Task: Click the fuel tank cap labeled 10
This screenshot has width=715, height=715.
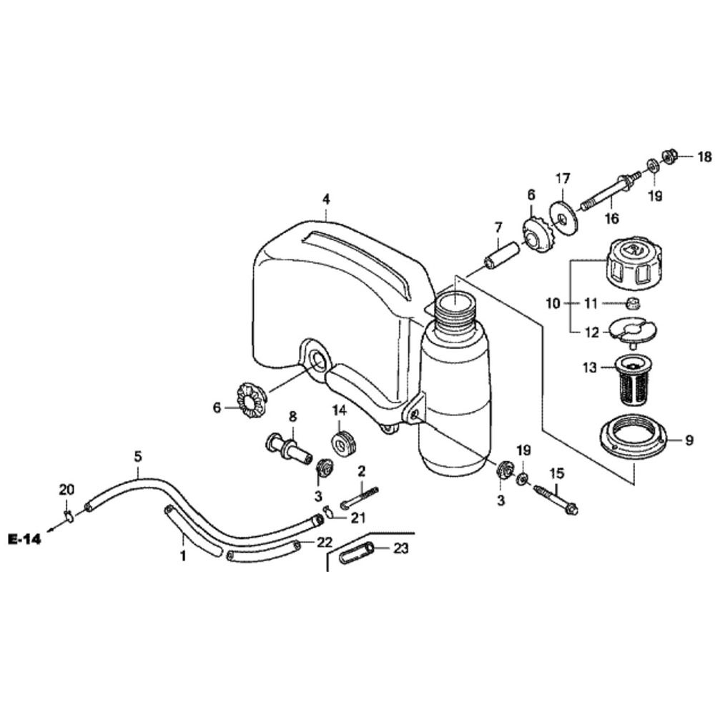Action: (x=632, y=265)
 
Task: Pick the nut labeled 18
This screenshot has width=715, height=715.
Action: (x=671, y=155)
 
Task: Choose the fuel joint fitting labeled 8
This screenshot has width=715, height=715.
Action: (x=290, y=448)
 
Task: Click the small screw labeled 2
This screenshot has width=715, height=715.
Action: (x=359, y=495)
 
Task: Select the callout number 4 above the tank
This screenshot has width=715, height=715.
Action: (x=326, y=198)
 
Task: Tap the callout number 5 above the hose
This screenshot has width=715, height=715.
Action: (x=138, y=455)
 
